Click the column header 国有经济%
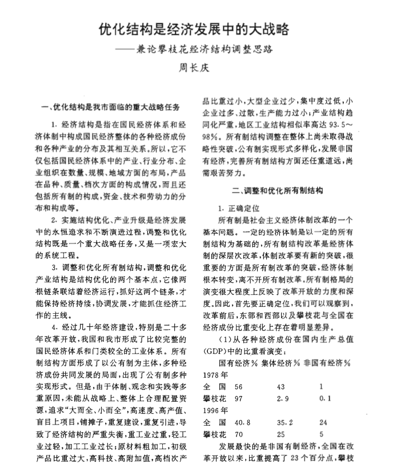pos(239,363)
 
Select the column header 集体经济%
pos(284,363)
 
